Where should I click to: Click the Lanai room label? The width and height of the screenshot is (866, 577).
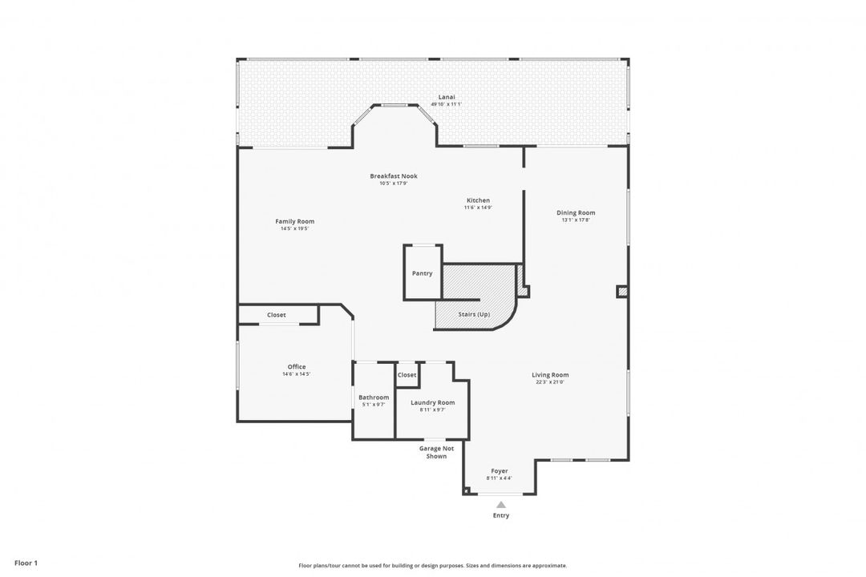tap(447, 97)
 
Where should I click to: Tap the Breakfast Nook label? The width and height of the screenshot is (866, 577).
tap(394, 176)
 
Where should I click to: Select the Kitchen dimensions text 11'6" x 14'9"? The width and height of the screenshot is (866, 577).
tap(478, 208)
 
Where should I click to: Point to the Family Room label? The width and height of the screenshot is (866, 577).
tap(294, 221)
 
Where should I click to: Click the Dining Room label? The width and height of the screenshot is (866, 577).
tap(576, 212)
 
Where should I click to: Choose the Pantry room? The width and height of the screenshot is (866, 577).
tap(422, 273)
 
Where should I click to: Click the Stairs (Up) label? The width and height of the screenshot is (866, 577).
tap(474, 314)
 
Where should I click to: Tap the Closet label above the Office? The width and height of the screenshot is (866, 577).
tap(277, 315)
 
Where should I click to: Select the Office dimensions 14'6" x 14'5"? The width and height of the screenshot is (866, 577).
tap(296, 374)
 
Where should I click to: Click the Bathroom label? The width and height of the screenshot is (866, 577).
tap(374, 397)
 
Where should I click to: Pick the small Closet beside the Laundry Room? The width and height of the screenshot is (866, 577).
tap(407, 375)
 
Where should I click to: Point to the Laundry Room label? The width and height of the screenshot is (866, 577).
tap(432, 402)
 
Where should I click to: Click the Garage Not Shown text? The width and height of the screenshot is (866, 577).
tap(436, 452)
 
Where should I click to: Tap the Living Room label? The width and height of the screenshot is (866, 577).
tap(550, 374)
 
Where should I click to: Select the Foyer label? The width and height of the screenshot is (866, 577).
tap(499, 471)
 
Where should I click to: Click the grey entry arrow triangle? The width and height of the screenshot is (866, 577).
tap(500, 505)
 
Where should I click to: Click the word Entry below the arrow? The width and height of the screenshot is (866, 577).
tap(500, 515)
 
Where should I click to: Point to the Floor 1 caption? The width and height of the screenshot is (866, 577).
tap(26, 563)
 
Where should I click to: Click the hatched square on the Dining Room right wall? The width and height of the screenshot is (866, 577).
tap(622, 292)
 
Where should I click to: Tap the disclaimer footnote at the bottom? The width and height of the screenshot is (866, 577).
tap(432, 565)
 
